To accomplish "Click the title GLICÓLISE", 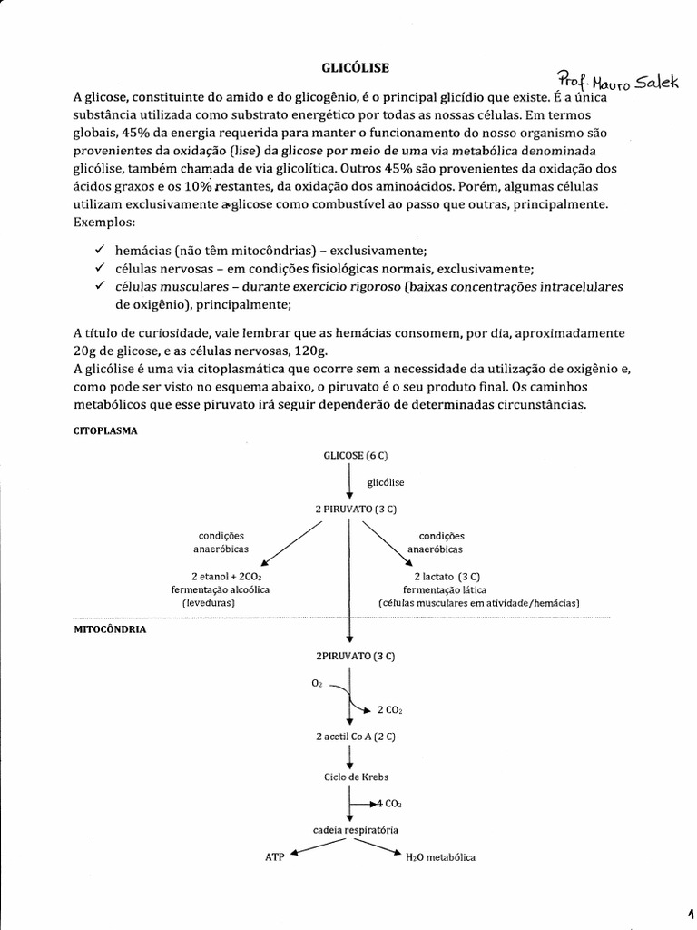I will pyautogui.click(x=348, y=67).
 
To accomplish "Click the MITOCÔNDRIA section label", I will pyautogui.click(x=108, y=628).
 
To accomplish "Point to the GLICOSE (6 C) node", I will pyautogui.click(x=349, y=454).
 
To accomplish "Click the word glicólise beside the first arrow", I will pyautogui.click(x=385, y=482).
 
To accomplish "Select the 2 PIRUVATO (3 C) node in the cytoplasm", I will pyautogui.click(x=349, y=510).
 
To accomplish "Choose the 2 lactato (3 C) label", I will pyautogui.click(x=447, y=577).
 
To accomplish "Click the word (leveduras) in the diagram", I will pyautogui.click(x=208, y=602).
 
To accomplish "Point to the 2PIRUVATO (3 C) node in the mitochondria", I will pyautogui.click(x=349, y=655).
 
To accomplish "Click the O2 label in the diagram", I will pyautogui.click(x=317, y=682).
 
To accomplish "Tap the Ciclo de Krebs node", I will pyautogui.click(x=349, y=777).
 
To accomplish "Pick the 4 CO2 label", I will pyautogui.click(x=388, y=804).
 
